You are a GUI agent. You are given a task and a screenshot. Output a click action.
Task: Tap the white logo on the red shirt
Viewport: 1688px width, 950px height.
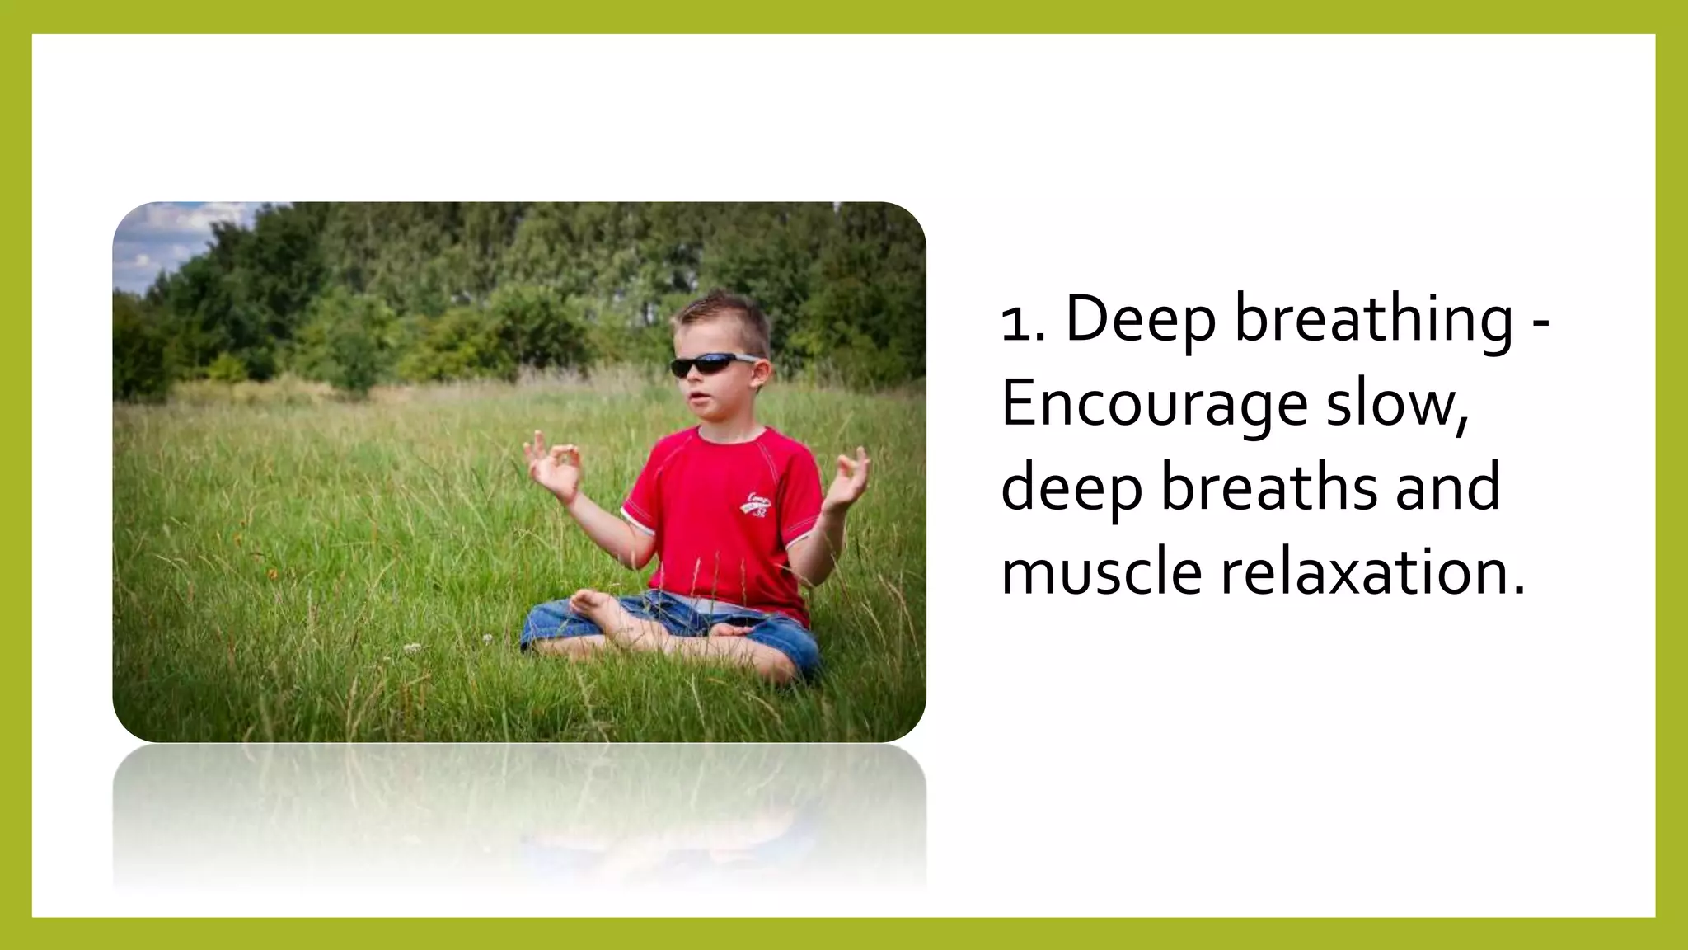[x=757, y=505]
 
